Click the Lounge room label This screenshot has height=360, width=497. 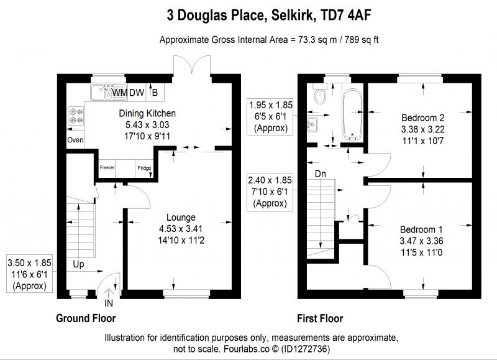click(x=181, y=217)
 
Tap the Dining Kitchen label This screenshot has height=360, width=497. click(x=147, y=113)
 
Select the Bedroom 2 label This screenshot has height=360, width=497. click(x=423, y=118)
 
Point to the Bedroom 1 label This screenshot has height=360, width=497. click(x=421, y=229)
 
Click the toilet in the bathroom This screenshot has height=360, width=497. click(x=320, y=94)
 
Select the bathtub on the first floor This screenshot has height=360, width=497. click(x=352, y=114)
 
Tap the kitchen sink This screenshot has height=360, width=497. click(x=102, y=92)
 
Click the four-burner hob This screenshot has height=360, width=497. click(x=76, y=116)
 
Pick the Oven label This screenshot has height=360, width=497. click(x=75, y=140)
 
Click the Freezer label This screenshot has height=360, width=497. click(x=107, y=167)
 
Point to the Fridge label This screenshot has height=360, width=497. click(x=144, y=168)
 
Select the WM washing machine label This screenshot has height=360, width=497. click(x=120, y=93)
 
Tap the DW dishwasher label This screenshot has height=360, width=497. click(x=137, y=93)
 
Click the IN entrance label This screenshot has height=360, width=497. click(x=109, y=303)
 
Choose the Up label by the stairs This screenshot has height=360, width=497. click(x=78, y=264)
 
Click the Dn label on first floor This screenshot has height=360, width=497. click(x=321, y=174)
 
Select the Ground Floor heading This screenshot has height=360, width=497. click(x=86, y=318)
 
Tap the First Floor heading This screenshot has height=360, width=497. click(x=320, y=318)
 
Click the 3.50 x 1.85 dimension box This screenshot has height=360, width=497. click(x=29, y=274)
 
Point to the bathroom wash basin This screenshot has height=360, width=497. click(x=312, y=124)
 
